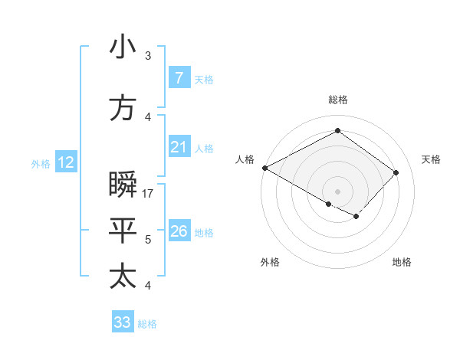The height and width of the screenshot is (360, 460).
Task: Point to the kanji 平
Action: tap(123, 231)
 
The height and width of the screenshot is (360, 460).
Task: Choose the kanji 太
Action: tap(123, 277)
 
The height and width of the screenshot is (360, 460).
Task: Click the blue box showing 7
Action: tap(179, 78)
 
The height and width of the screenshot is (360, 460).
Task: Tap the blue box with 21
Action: tap(179, 147)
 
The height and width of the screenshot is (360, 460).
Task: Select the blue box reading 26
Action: tap(179, 231)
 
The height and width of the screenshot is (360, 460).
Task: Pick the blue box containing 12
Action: tap(65, 162)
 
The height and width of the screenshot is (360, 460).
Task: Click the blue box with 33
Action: tap(122, 322)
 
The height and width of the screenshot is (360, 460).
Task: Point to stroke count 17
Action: tap(149, 194)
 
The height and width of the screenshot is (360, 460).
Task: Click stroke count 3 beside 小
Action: tap(148, 56)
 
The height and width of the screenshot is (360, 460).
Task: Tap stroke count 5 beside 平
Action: tap(148, 240)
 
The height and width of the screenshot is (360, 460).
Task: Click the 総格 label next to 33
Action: tap(147, 324)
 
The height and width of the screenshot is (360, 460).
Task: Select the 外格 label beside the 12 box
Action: tap(40, 163)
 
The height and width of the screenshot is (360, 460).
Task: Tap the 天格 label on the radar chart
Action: tap(431, 159)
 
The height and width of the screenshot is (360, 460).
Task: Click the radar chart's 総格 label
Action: tap(337, 100)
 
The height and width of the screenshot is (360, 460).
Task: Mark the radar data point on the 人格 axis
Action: tap(264, 168)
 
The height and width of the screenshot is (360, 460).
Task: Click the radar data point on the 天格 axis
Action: tap(396, 172)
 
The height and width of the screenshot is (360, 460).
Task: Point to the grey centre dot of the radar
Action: tap(337, 191)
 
